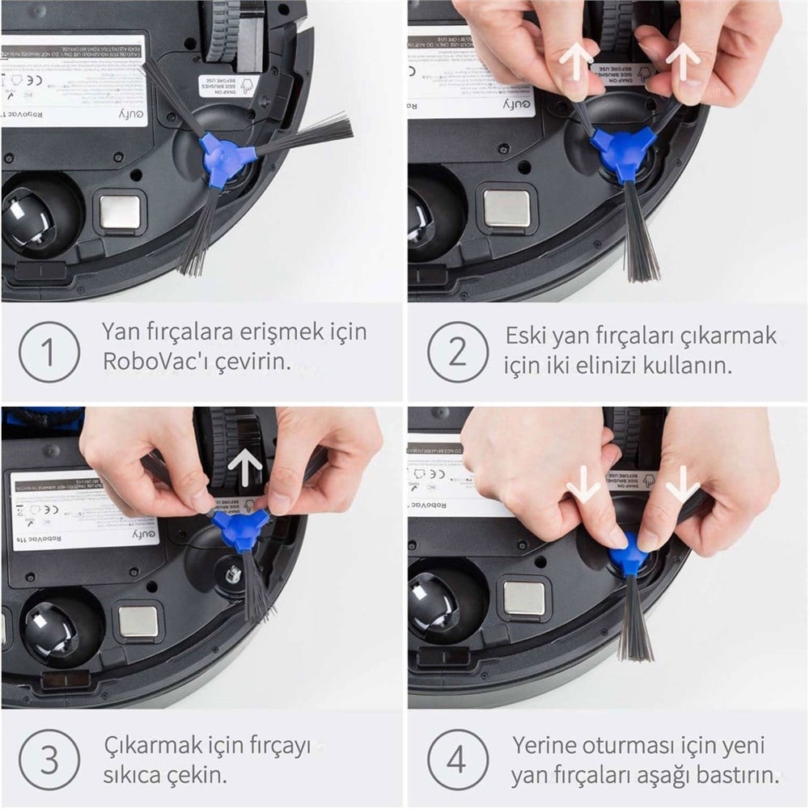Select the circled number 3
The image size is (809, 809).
click(x=49, y=761)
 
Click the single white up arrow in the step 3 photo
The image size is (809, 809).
click(x=245, y=464)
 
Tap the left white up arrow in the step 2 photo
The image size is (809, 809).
click(x=576, y=61)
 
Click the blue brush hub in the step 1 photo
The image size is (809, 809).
click(x=224, y=155)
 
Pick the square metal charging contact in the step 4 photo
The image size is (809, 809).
click(x=524, y=598)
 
